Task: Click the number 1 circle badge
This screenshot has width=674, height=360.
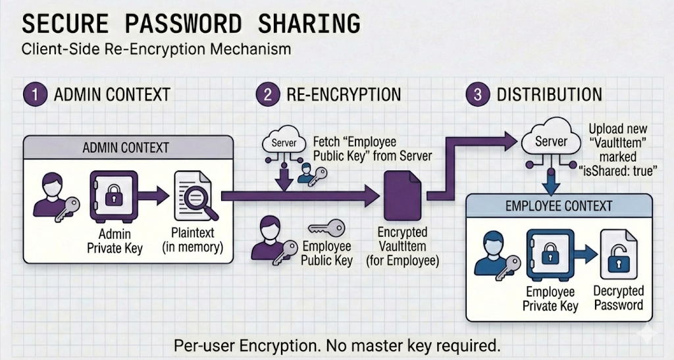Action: (x=34, y=94)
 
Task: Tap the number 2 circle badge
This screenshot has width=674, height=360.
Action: (x=267, y=94)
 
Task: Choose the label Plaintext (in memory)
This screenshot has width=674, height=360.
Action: (x=193, y=241)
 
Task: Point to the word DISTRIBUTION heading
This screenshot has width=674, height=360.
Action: (x=549, y=94)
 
